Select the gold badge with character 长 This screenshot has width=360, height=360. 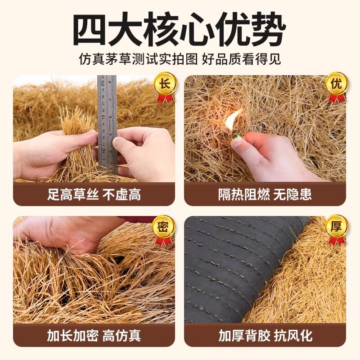tap(165, 83)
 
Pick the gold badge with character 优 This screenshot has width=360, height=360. tap(336, 83)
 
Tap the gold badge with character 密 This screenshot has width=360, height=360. tap(165, 226)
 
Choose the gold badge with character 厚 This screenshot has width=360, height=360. tap(336, 226)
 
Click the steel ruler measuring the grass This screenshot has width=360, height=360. tap(107, 121)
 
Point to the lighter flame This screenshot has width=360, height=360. tap(234, 119)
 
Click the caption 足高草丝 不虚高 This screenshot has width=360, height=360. tap(94, 194)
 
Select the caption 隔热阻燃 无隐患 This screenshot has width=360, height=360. tap(265, 194)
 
